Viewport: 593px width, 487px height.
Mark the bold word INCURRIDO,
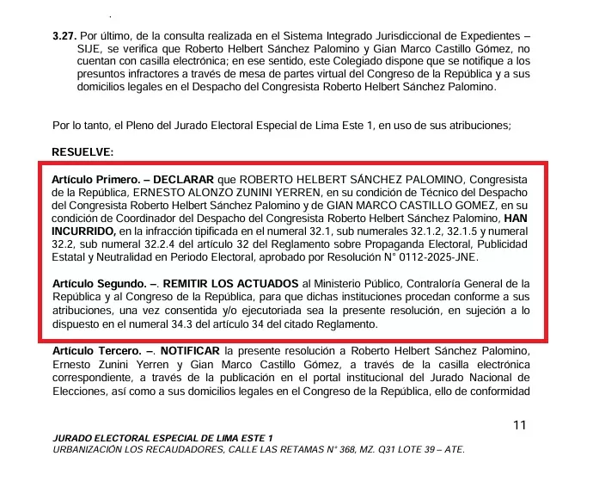click(x=84, y=232)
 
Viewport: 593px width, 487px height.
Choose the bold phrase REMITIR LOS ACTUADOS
click(x=230, y=283)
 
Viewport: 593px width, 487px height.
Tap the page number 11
click(x=519, y=425)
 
